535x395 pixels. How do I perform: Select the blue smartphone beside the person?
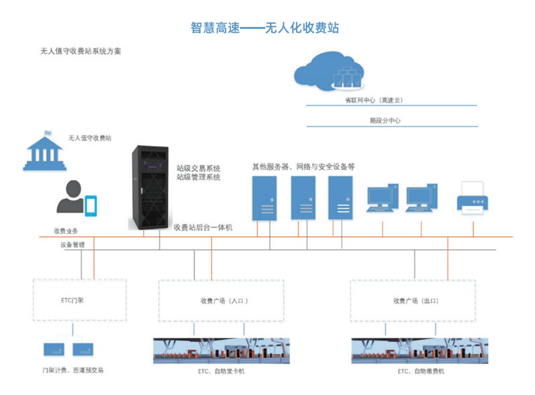point(91,205)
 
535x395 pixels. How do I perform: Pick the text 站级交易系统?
point(198,168)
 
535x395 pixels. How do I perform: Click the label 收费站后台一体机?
point(203,228)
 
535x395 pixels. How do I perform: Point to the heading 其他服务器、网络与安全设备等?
point(303,166)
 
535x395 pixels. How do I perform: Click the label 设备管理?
point(72,245)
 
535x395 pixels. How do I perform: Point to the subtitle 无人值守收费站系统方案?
point(81,51)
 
